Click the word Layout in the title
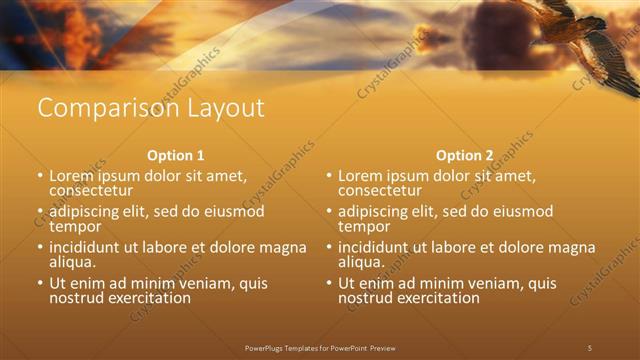220,108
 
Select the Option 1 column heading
176,156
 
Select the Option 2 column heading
464,156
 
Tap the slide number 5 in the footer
589,348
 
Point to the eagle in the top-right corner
590,40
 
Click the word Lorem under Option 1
71,176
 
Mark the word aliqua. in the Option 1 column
73,262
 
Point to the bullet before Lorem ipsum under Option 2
329,176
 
